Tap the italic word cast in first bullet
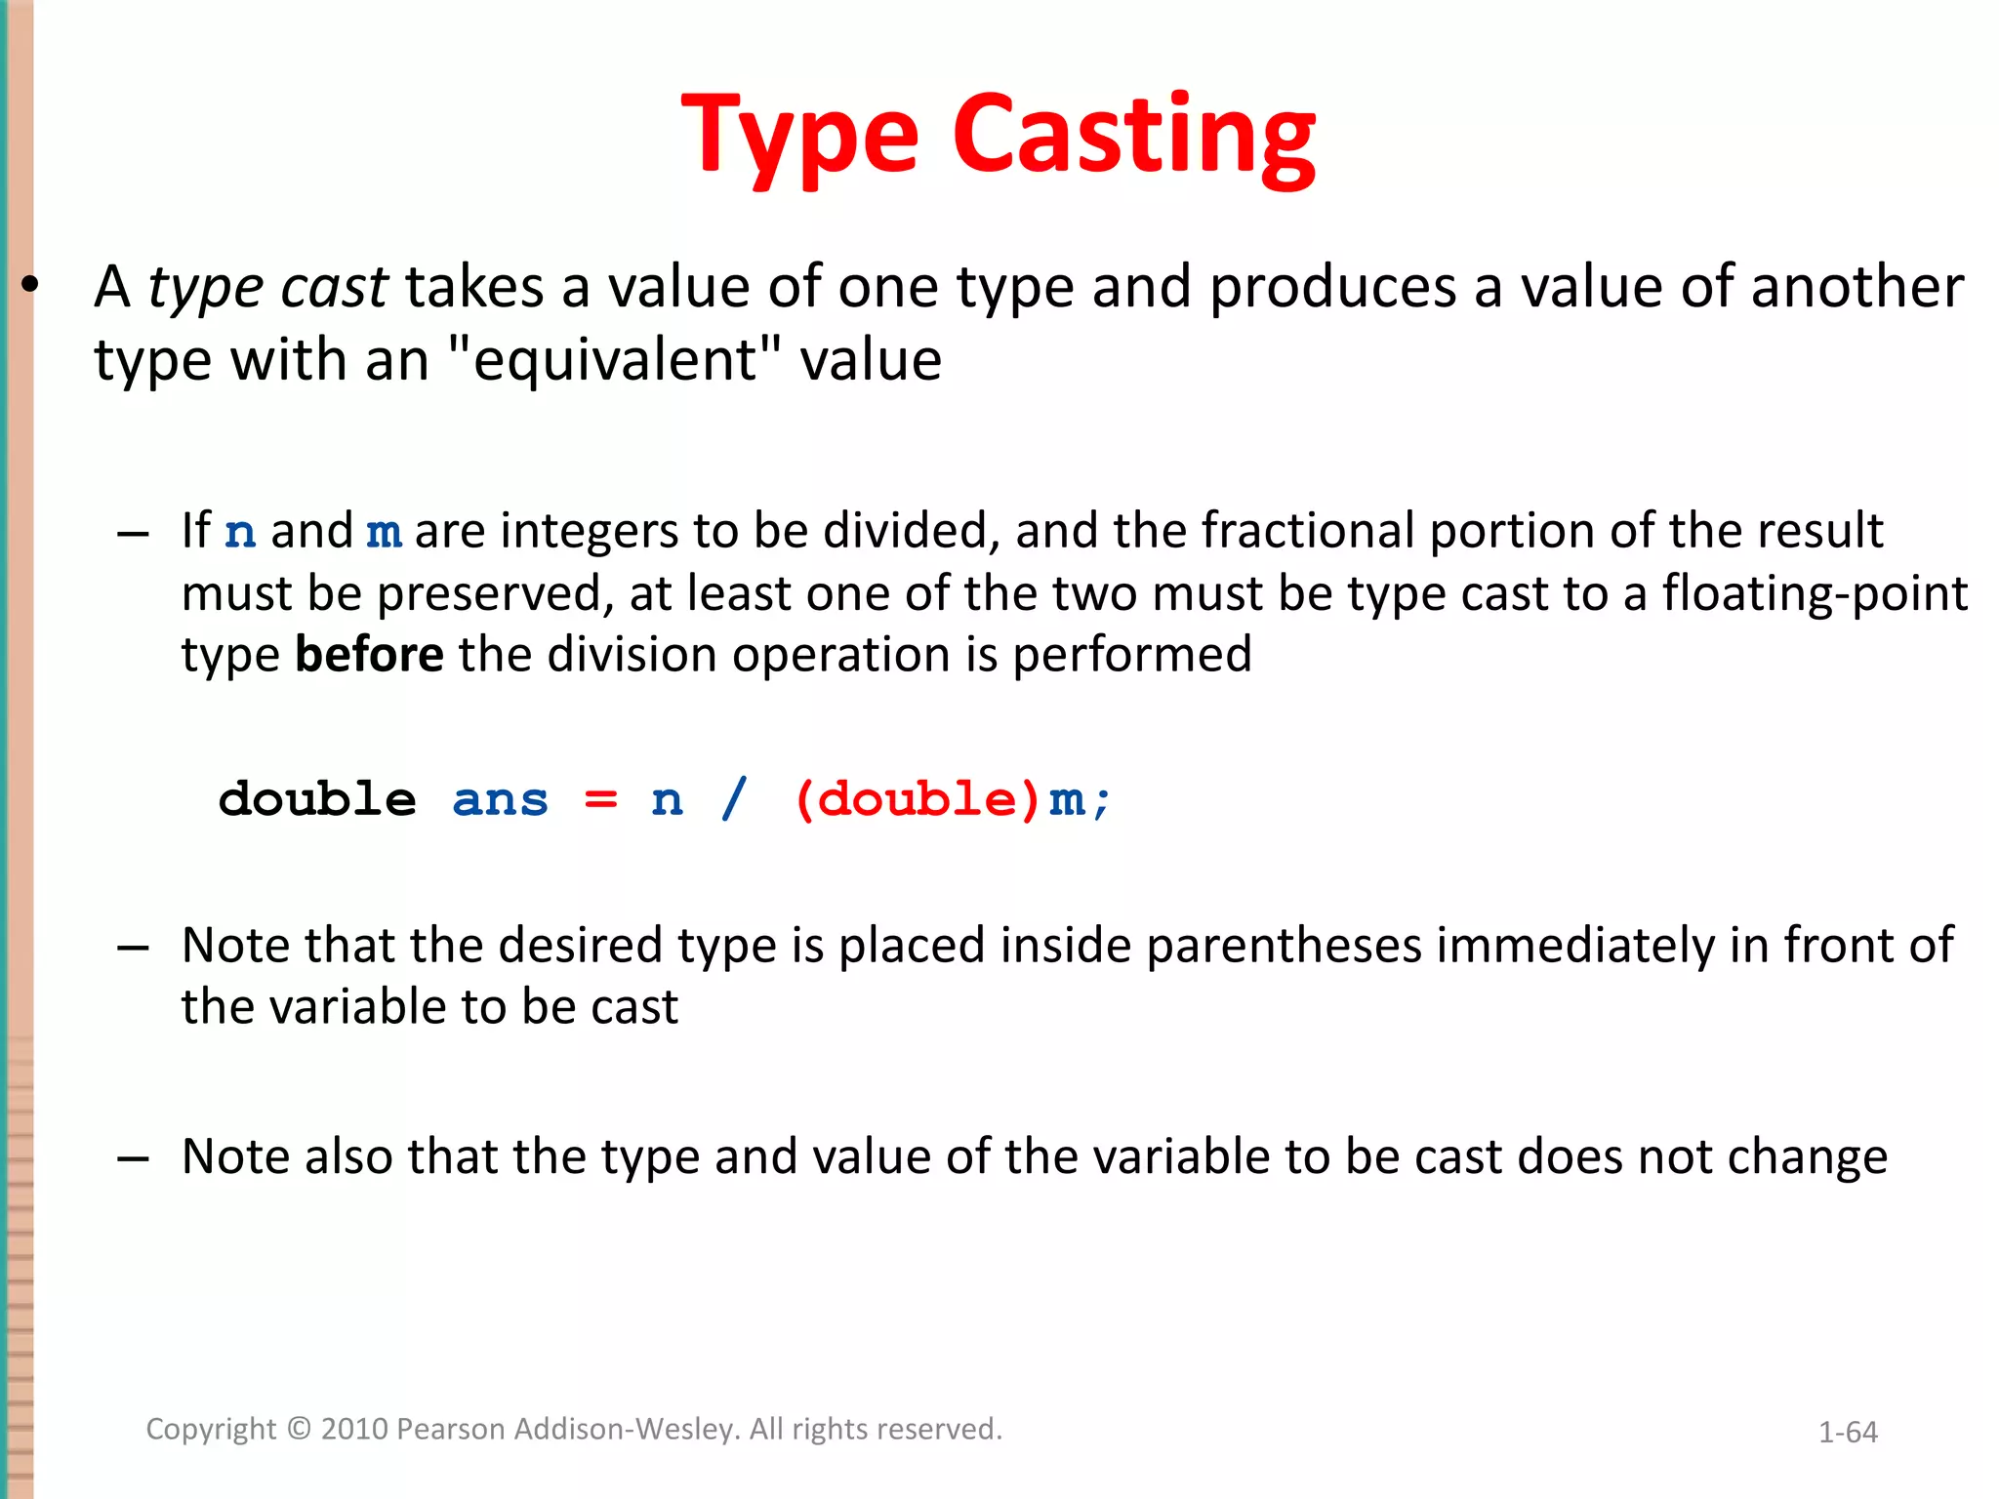pyautogui.click(x=334, y=288)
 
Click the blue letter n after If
pyautogui.click(x=240, y=533)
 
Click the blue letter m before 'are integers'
pyautogui.click(x=385, y=533)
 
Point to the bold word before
pyautogui.click(x=369, y=654)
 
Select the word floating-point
pyautogui.click(x=1815, y=593)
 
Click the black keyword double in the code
pyautogui.click(x=317, y=799)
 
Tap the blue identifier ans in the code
pyautogui.click(x=500, y=801)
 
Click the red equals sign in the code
pyautogui.click(x=600, y=801)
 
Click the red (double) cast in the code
pyautogui.click(x=917, y=799)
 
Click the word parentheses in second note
pyautogui.click(x=1284, y=946)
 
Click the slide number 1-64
pyautogui.click(x=1848, y=1432)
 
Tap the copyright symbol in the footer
pyautogui.click(x=299, y=1429)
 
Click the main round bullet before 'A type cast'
pyautogui.click(x=30, y=286)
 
